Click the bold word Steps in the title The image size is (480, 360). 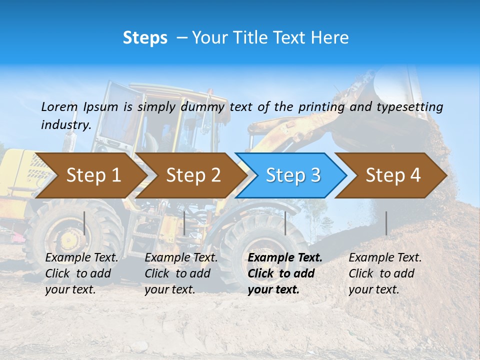pyautogui.click(x=145, y=38)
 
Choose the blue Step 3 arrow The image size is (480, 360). pyautogui.click(x=293, y=175)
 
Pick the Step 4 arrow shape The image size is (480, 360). pyautogui.click(x=393, y=175)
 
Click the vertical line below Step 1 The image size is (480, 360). pyautogui.click(x=84, y=223)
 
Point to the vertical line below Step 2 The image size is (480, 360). pyautogui.click(x=184, y=223)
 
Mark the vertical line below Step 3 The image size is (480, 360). pyautogui.click(x=285, y=223)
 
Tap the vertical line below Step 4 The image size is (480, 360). pyautogui.click(x=386, y=223)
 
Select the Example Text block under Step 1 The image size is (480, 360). pyautogui.click(x=81, y=273)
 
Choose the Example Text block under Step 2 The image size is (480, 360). pyautogui.click(x=181, y=273)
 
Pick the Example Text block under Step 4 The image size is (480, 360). pyautogui.click(x=385, y=273)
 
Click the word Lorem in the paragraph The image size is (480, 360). pyautogui.click(x=59, y=106)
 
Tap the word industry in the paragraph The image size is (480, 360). pyautogui.click(x=65, y=125)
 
